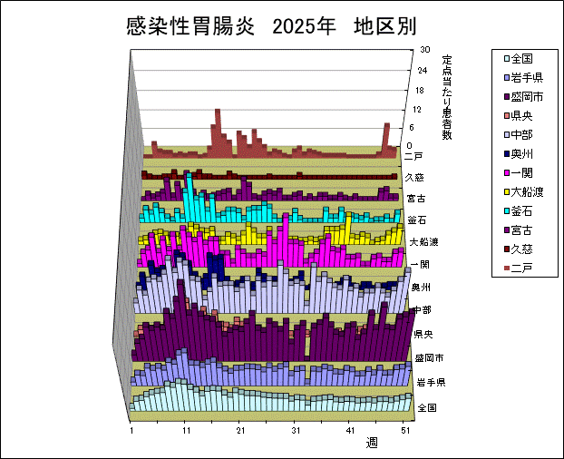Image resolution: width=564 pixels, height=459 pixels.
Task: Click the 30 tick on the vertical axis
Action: [423, 52]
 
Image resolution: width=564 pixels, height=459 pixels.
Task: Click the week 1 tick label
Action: [132, 431]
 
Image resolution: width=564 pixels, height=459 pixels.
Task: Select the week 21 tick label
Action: [240, 431]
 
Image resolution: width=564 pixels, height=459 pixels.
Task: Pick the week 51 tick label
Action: [407, 431]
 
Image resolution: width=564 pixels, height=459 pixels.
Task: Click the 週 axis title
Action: [373, 444]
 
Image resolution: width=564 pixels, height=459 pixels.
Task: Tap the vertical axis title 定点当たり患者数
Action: [447, 97]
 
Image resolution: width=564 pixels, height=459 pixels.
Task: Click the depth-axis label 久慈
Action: [414, 177]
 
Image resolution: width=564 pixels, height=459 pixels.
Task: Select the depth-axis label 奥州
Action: [421, 288]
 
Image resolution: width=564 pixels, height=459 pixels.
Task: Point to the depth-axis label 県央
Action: [423, 335]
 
